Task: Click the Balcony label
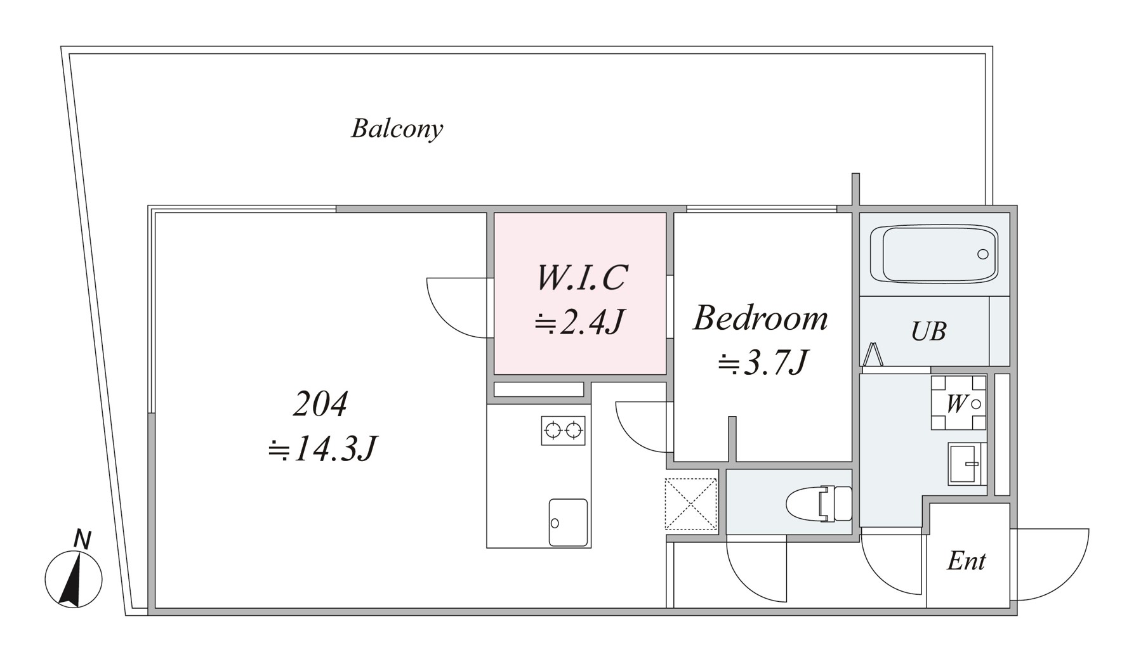(x=397, y=129)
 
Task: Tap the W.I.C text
(x=582, y=278)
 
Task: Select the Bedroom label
(x=760, y=318)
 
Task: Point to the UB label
(x=928, y=331)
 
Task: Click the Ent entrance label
(x=966, y=561)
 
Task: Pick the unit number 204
(x=320, y=404)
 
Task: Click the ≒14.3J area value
(x=322, y=449)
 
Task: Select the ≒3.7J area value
(x=763, y=363)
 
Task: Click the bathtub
(x=934, y=254)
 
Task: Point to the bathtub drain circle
(x=982, y=254)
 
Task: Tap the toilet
(x=819, y=504)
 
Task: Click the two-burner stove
(x=563, y=431)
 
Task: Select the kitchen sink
(x=568, y=522)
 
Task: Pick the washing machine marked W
(x=958, y=403)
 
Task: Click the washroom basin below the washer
(x=967, y=464)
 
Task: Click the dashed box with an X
(x=690, y=504)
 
